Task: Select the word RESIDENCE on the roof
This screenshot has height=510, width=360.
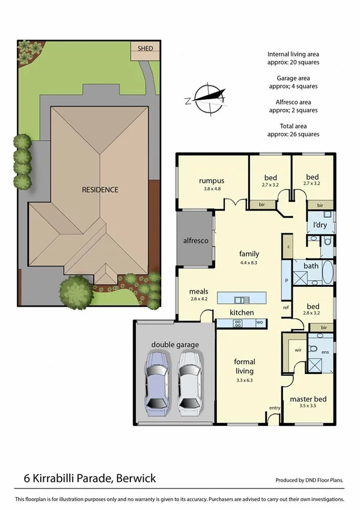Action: tap(100, 189)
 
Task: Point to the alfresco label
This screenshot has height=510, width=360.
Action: tap(195, 241)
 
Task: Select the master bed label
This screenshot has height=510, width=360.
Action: tap(308, 399)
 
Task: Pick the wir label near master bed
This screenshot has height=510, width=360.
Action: tap(297, 349)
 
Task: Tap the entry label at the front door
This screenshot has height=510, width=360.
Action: tap(275, 408)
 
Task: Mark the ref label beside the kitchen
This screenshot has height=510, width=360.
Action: tap(286, 307)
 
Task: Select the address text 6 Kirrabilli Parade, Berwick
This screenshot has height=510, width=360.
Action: tap(90, 479)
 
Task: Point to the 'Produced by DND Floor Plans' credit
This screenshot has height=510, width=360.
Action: tap(310, 481)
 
